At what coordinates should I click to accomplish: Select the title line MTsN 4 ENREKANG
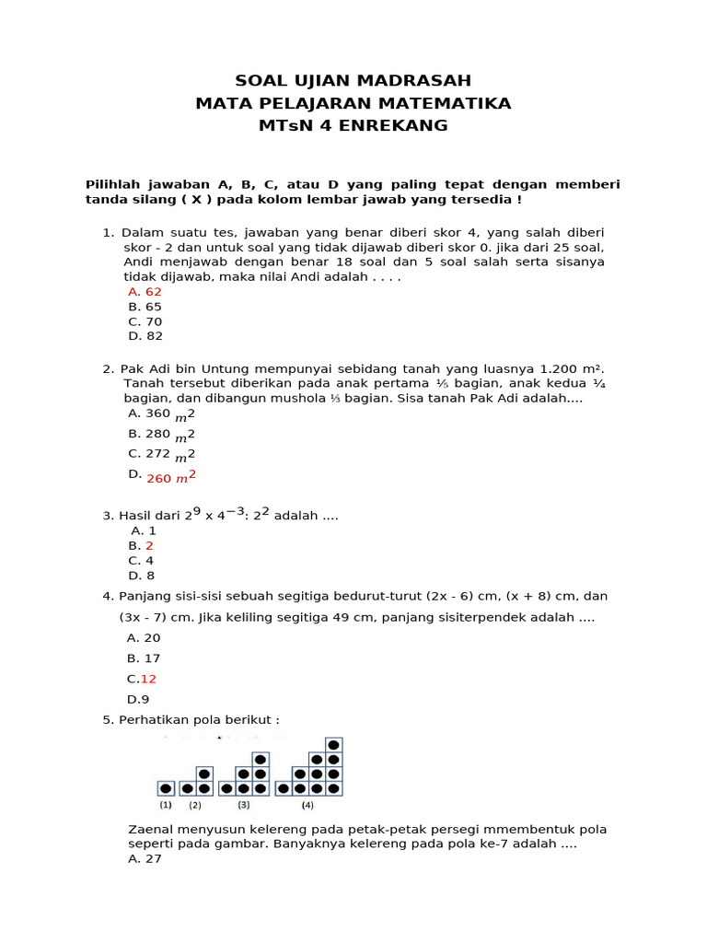point(353,125)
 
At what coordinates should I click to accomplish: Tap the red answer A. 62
point(145,292)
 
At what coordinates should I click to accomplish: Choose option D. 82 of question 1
point(145,336)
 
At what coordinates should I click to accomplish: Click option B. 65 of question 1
point(145,307)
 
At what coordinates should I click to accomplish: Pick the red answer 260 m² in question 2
point(171,477)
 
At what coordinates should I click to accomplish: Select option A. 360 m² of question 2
point(162,413)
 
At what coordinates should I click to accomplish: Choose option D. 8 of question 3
point(141,576)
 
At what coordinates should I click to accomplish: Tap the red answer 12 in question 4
point(148,679)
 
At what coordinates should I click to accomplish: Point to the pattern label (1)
point(166,805)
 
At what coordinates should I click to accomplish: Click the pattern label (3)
point(243,805)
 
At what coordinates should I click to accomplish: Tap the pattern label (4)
point(307,805)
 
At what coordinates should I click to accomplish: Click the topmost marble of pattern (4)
point(333,744)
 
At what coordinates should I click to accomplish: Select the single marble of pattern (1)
point(166,788)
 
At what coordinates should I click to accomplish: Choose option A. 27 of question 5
point(145,859)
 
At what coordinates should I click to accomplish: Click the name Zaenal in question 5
point(151,829)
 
